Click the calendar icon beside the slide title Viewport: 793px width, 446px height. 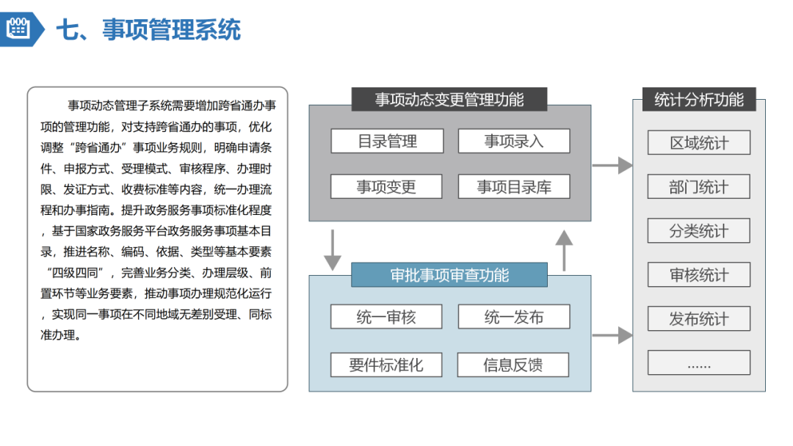point(18,29)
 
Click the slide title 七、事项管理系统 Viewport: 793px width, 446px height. point(149,30)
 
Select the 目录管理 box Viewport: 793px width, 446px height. point(387,142)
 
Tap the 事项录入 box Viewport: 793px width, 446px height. point(514,142)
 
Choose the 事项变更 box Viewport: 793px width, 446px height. point(386,187)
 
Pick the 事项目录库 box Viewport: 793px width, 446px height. point(514,187)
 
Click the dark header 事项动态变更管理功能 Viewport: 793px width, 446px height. point(449,100)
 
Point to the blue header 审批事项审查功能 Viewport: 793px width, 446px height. point(449,275)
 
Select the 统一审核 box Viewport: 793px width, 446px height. point(386,318)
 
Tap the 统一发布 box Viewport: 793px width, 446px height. point(514,318)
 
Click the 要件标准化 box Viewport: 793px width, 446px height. point(386,365)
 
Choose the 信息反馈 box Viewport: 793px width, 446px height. point(513,365)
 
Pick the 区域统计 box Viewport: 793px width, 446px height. point(699,143)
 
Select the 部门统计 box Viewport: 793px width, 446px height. point(699,187)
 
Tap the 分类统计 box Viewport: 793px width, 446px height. point(699,231)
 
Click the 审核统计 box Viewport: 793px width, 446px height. point(699,275)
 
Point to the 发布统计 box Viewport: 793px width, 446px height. point(699,319)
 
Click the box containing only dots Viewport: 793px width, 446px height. point(699,363)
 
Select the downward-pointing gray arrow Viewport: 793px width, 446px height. point(333,250)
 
